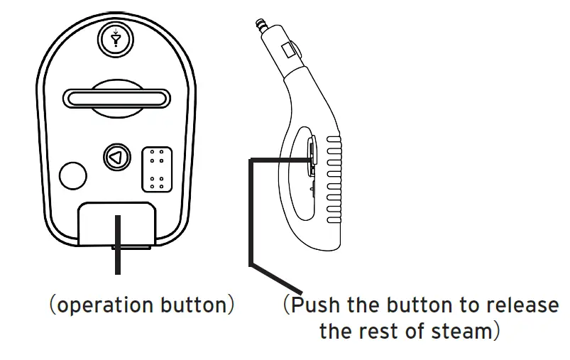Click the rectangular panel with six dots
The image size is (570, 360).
point(157,169)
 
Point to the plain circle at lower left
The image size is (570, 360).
point(73,175)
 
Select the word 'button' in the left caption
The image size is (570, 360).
point(192,305)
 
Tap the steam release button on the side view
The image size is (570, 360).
point(312,153)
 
